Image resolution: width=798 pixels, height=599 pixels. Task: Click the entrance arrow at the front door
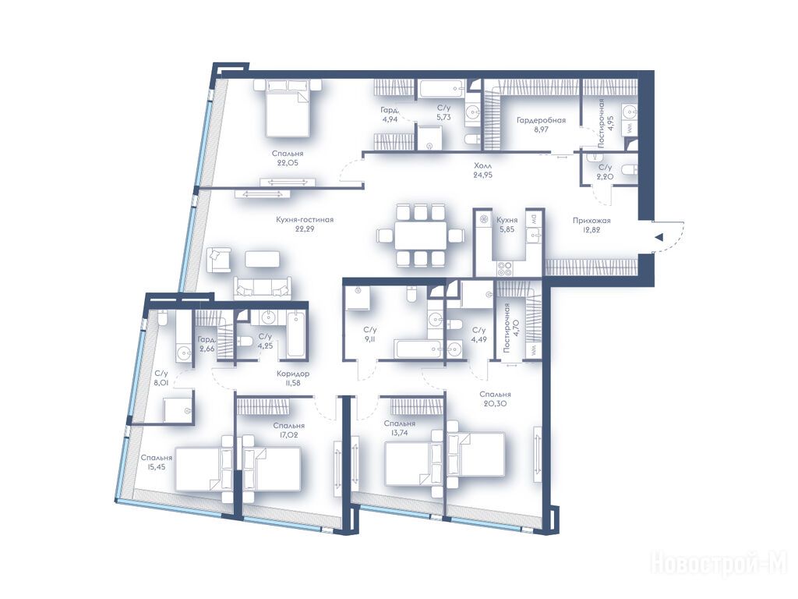659,237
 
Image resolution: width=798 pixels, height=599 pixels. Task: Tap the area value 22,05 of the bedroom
288,163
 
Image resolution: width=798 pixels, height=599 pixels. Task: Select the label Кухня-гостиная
305,219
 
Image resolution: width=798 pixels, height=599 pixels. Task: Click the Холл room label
483,165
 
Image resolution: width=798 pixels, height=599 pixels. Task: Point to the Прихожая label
591,221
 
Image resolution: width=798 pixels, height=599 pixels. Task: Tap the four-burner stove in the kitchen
504,266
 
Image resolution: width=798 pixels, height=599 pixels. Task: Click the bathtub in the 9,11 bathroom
418,349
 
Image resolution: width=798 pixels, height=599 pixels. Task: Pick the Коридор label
293,374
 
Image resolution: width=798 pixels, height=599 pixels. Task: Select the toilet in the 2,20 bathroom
629,170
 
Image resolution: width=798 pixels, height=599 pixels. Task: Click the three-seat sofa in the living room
263,289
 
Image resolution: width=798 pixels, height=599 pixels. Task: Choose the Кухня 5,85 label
507,225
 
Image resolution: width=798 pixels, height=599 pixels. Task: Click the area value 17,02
288,435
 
